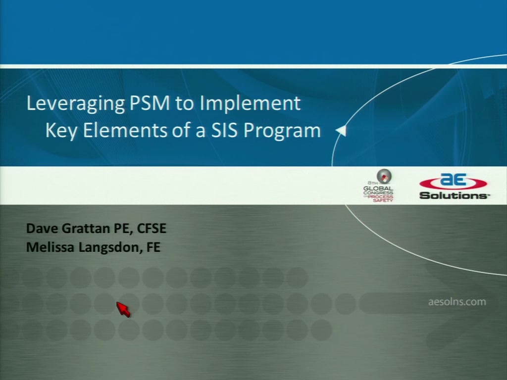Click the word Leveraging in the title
tap(75, 104)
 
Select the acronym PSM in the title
tap(150, 103)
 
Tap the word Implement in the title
tap(250, 104)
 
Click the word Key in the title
tap(61, 131)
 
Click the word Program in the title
tap(282, 131)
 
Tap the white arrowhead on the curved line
tap(342, 131)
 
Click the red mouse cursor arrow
tap(123, 310)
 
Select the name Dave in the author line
tap(43, 229)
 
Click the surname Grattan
tap(86, 229)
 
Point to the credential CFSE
tap(152, 229)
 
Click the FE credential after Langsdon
tap(153, 247)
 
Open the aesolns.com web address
tap(457, 302)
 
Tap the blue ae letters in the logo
tap(454, 180)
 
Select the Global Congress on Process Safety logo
tap(378, 186)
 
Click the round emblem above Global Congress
tap(384, 177)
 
